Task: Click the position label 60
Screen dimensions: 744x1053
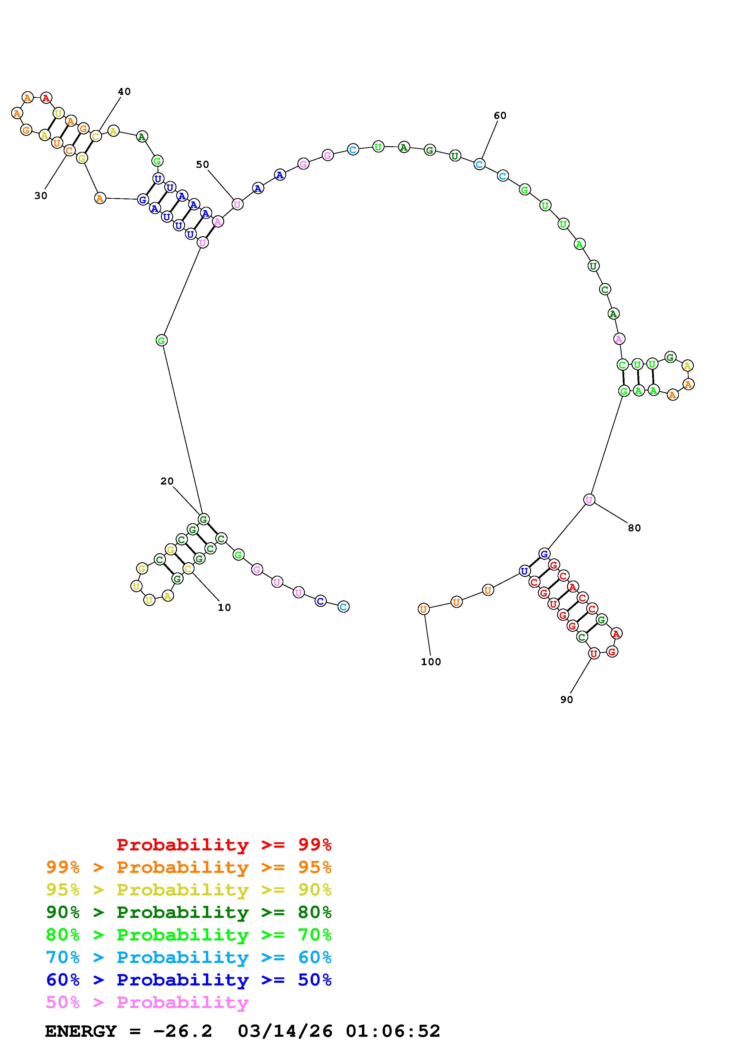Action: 500,116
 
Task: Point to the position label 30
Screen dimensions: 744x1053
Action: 41,196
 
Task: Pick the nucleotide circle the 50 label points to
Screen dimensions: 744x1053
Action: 237,204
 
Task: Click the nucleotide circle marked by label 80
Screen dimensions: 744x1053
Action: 589,499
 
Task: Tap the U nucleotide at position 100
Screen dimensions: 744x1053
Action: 423,609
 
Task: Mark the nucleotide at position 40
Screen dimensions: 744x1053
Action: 96,136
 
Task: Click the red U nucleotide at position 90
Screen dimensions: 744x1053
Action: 594,653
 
